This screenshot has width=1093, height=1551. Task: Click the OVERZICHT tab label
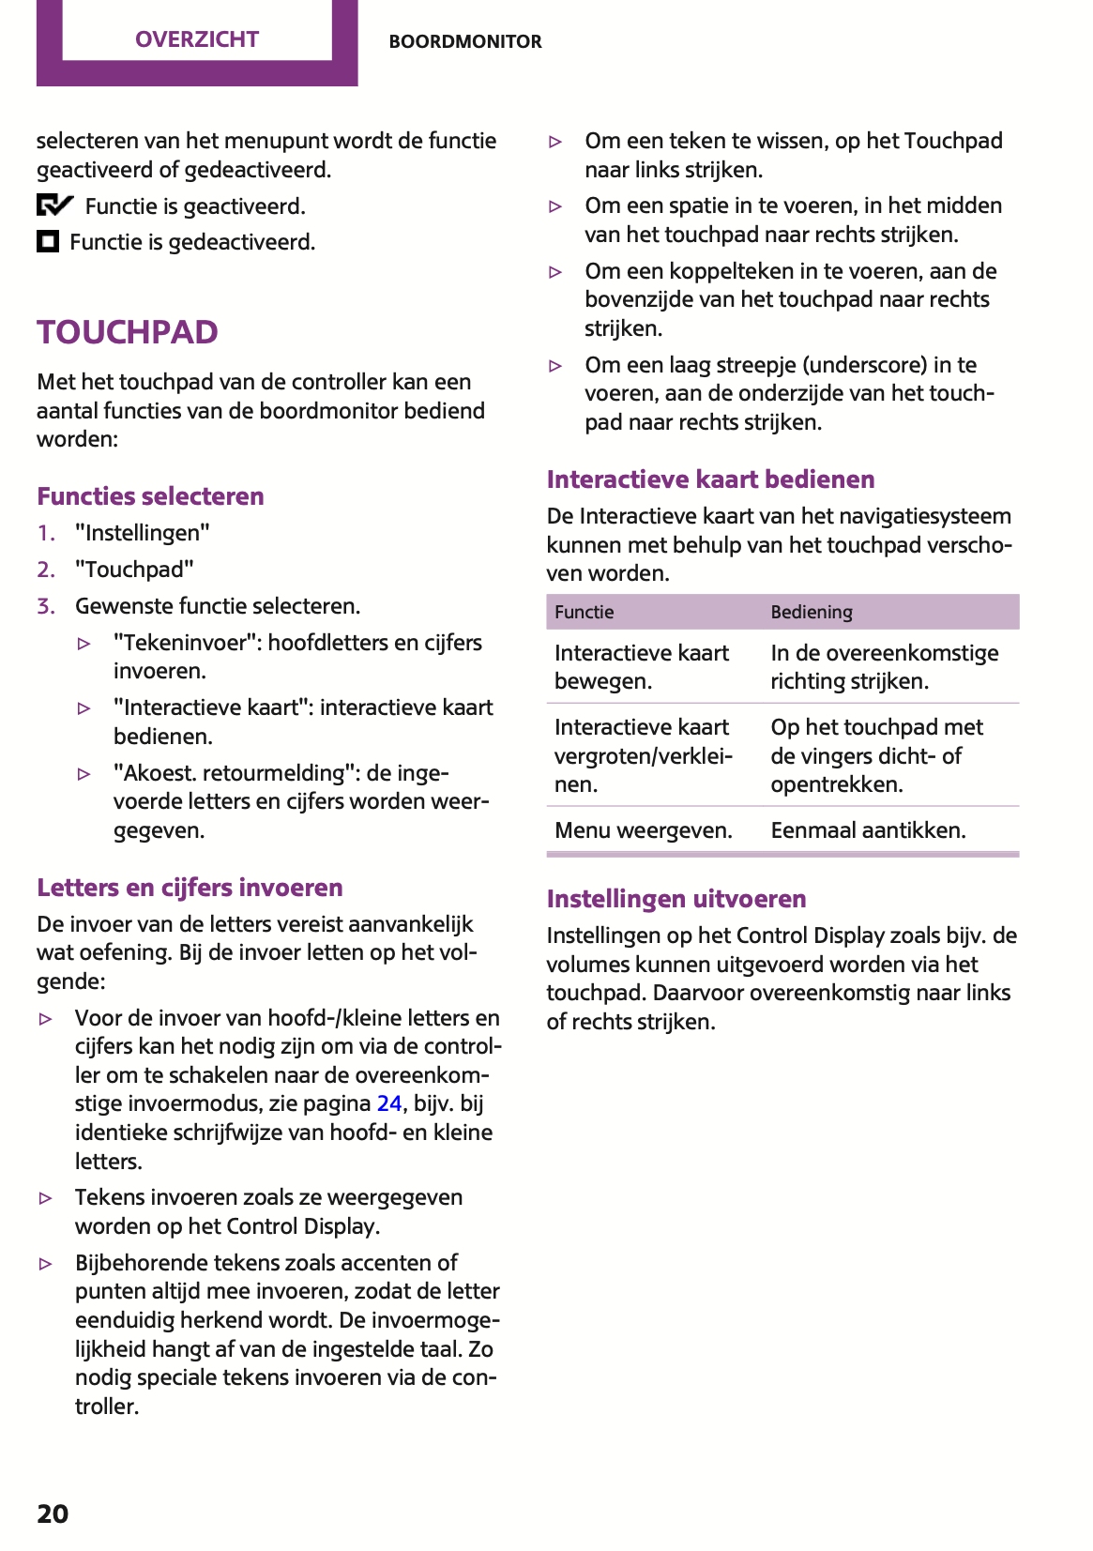point(197,39)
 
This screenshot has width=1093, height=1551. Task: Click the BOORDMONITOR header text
point(465,41)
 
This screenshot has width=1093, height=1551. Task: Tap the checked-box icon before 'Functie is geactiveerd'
point(54,205)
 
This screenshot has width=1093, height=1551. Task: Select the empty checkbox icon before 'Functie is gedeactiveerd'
point(48,242)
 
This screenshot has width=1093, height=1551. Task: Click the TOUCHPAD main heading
point(128,332)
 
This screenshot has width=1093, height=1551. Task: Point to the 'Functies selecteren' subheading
point(150,496)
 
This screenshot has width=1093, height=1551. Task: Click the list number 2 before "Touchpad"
point(45,570)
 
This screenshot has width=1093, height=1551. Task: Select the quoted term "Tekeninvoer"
point(187,643)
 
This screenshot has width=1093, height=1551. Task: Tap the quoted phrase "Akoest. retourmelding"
point(235,773)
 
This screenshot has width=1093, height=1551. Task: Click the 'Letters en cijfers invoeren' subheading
point(190,888)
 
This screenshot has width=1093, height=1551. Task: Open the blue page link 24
point(389,1103)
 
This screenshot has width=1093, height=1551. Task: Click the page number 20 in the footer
point(53,1513)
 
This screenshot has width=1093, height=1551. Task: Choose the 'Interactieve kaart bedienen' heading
point(710,479)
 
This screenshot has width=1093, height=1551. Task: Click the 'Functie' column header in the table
point(584,613)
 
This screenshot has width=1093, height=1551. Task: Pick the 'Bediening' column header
point(812,613)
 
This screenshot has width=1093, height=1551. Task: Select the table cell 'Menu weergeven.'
point(643,830)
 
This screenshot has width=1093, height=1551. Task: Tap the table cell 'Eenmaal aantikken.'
point(868,830)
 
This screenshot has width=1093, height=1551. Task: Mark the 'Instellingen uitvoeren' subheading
point(676,899)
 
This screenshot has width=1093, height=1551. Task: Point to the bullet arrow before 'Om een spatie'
point(555,206)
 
